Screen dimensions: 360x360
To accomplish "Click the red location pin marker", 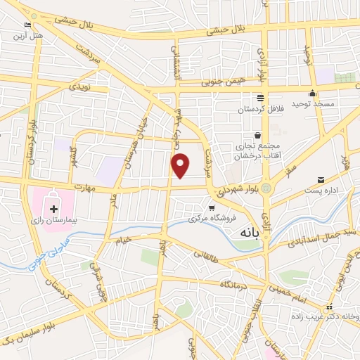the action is [181, 165].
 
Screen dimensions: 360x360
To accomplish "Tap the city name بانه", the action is [255, 231].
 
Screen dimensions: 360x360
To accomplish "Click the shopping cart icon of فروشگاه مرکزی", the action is [212, 207].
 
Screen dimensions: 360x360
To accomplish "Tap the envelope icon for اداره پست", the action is [321, 181].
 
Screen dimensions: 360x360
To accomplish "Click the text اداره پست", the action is [321, 191].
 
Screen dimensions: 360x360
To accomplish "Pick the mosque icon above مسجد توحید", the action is [312, 94].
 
